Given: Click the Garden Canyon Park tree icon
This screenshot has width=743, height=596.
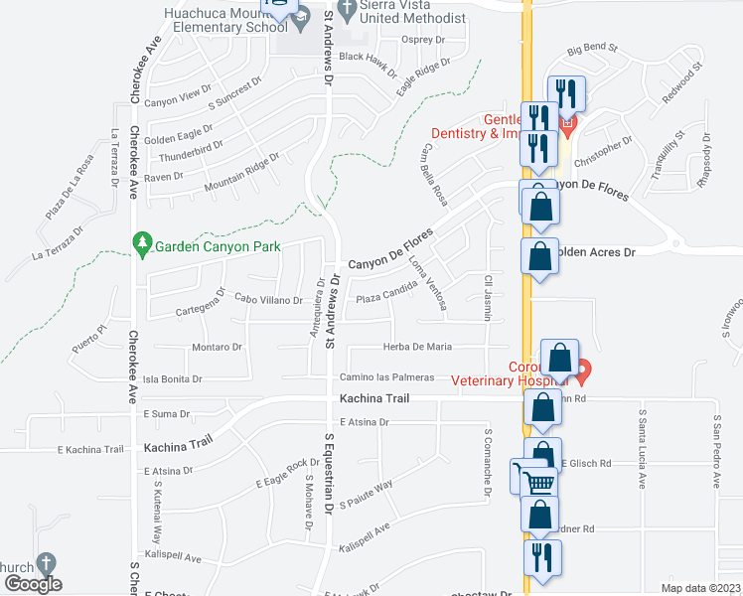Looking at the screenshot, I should tap(142, 242).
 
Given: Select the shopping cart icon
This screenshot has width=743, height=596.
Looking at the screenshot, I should tap(537, 483).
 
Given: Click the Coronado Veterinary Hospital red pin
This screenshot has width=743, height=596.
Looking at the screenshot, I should tap(583, 372).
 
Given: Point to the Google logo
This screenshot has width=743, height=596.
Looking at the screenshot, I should tap(32, 584).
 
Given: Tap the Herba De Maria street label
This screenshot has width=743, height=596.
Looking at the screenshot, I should tap(418, 347).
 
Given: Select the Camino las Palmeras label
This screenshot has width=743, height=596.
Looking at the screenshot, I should tap(386, 377).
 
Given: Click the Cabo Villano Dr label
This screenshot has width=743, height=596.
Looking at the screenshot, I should tap(268, 298).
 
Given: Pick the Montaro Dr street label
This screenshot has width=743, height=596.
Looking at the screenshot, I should tap(217, 347).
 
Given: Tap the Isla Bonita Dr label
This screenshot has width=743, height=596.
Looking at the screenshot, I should tap(173, 379).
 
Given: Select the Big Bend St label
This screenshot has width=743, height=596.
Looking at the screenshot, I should tap(592, 48).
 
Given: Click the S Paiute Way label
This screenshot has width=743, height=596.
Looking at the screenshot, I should tap(367, 495).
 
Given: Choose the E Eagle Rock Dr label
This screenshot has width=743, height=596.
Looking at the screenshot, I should tap(286, 474).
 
